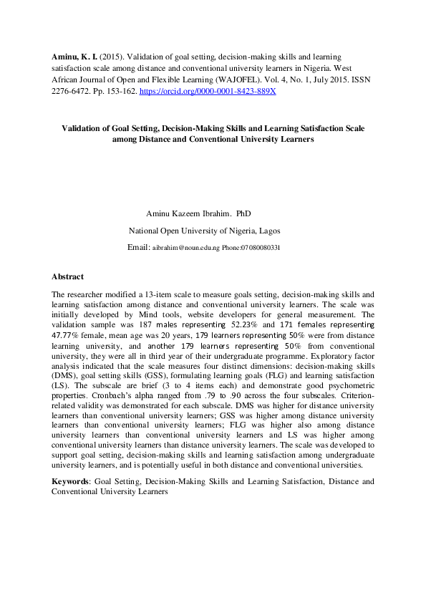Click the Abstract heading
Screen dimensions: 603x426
point(67,276)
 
